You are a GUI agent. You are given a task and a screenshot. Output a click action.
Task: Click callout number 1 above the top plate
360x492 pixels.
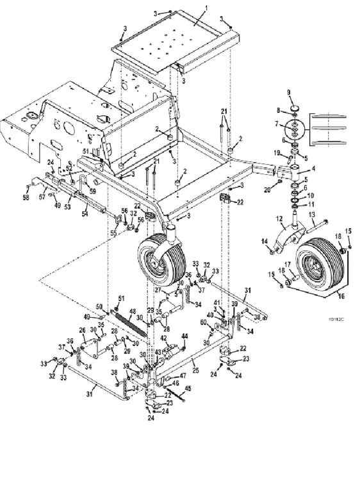tap(206, 7)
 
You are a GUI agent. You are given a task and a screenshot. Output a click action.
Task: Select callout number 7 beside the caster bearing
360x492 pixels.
tap(277, 123)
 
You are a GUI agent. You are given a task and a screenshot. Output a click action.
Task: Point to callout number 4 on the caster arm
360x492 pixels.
tap(313, 169)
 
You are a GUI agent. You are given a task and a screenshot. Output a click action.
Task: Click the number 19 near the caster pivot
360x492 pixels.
tap(277, 152)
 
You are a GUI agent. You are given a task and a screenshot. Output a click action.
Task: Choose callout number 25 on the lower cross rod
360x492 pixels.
tap(195, 370)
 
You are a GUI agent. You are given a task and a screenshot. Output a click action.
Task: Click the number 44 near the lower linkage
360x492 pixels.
tap(184, 336)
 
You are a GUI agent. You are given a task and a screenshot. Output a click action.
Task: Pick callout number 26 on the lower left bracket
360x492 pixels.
tap(82, 330)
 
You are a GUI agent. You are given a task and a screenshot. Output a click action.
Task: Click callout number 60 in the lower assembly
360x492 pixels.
tap(203, 322)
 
